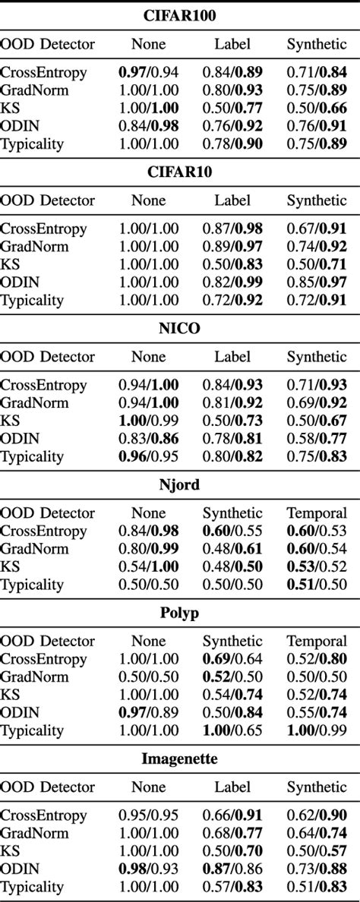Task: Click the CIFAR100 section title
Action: tap(179, 15)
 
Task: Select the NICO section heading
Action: tap(179, 329)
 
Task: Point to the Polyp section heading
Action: tap(179, 613)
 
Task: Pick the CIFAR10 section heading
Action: tap(179, 172)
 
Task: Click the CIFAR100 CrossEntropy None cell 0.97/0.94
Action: tap(148, 72)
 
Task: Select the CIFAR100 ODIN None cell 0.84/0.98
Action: tap(148, 126)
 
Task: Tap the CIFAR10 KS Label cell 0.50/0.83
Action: tap(232, 264)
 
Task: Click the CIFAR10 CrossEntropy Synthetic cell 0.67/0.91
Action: tap(317, 229)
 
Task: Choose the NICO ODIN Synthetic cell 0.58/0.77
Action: tap(317, 439)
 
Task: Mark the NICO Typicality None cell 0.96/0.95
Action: tap(148, 457)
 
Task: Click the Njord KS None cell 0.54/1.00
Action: tap(148, 566)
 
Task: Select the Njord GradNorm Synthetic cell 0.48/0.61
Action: tap(232, 548)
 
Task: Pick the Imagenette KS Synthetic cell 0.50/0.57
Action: tap(317, 850)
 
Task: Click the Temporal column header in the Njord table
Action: tap(317, 512)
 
